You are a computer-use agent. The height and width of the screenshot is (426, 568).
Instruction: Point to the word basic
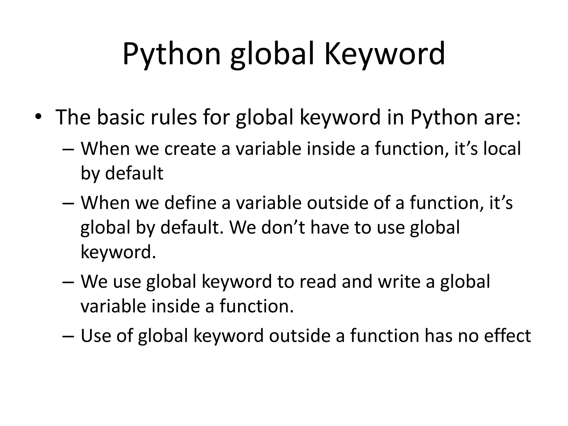point(121,117)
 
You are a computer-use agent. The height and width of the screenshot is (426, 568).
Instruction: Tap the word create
point(190,149)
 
